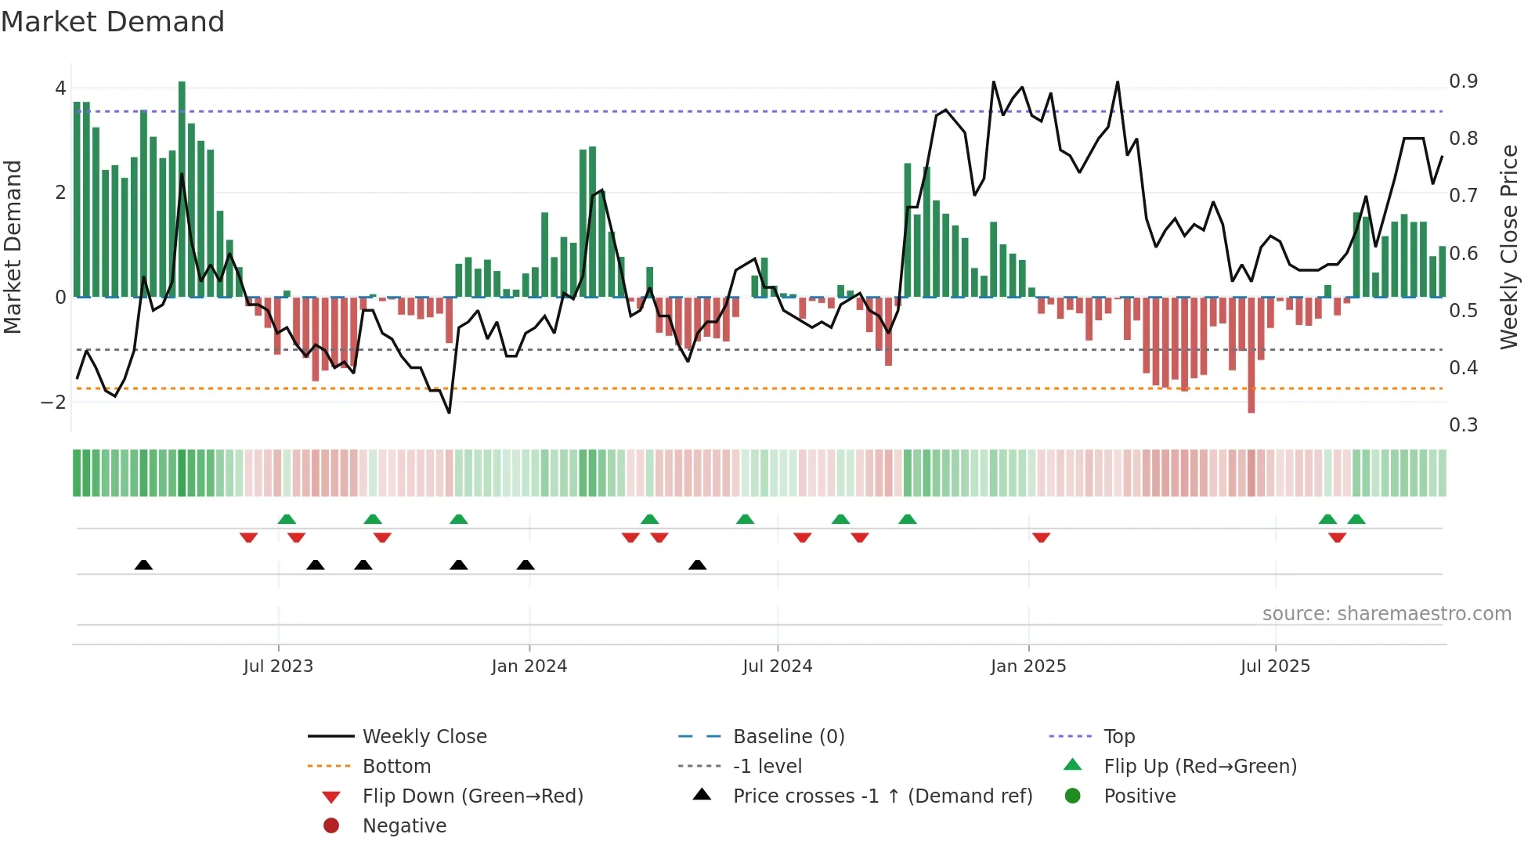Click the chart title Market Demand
pos(113,22)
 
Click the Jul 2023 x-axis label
pos(278,666)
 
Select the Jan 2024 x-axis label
pos(529,666)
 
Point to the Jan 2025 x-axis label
pos(1028,666)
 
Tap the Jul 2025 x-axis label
pos(1275,666)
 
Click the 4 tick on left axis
pos(60,88)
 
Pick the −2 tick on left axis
pos(53,403)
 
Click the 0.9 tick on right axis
pos(1463,81)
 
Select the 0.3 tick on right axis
pos(1463,425)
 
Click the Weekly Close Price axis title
pos(1508,247)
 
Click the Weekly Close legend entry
pos(424,737)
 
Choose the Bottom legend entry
pos(396,767)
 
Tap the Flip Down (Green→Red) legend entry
pos(472,796)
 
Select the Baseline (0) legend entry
pos(788,737)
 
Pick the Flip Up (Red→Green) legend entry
pos(1200,767)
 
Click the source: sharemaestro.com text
pos(1386,614)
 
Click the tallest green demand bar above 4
pos(182,188)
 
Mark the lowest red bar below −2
pos(1251,356)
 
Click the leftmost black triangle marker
pos(143,565)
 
